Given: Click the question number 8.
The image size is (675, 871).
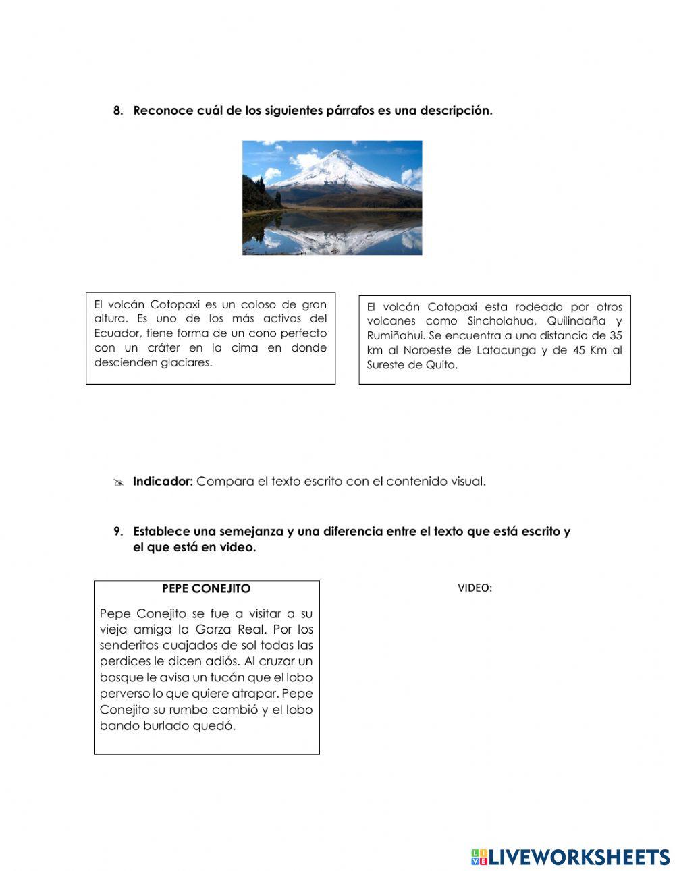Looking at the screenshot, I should (117, 111).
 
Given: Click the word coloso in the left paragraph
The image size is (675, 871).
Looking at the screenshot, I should (260, 304).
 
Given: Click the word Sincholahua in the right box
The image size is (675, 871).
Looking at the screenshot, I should (500, 321).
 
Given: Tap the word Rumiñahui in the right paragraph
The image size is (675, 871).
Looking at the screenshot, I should (395, 335).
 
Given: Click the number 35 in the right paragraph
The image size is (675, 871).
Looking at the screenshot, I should (615, 335).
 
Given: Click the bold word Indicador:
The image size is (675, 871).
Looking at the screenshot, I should (163, 482).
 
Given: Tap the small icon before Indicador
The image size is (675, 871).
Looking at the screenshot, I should (119, 482).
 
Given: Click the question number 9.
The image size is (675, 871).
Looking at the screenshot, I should (117, 532).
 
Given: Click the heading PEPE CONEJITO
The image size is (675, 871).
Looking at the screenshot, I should (206, 588).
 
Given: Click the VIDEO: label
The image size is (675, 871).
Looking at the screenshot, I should (475, 588).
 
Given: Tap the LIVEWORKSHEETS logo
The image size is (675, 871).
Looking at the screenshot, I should (570, 857).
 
